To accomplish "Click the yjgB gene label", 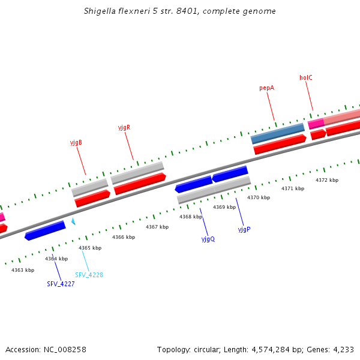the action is click(76, 143).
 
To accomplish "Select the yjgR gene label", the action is click(124, 127).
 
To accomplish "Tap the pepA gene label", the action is click(266, 88).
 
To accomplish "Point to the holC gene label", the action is click(306, 77).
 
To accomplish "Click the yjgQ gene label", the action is click(208, 239).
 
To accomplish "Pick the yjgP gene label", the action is click(244, 229).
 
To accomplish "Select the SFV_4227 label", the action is click(61, 284).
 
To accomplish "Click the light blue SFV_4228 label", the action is click(89, 275).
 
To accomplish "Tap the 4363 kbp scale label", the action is click(23, 270).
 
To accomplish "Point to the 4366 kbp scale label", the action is click(124, 237).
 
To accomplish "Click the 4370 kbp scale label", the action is click(259, 197).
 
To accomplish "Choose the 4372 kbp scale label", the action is click(327, 180).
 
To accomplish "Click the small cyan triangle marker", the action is click(73, 221).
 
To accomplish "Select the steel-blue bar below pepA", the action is click(278, 133).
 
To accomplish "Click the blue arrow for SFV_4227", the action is click(45, 230).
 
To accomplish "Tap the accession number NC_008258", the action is click(65, 350).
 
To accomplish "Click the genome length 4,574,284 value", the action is click(271, 350).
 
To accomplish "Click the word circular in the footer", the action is click(207, 350).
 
